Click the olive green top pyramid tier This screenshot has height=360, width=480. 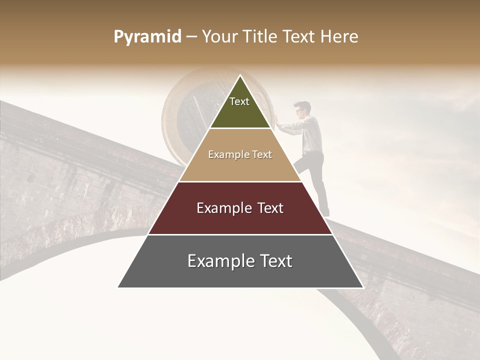tap(240, 112)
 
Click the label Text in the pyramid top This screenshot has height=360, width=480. tap(239, 101)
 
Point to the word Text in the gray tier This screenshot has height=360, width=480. tap(274, 261)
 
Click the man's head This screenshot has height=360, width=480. tap(302, 109)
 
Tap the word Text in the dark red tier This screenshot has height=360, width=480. tap(267, 208)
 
